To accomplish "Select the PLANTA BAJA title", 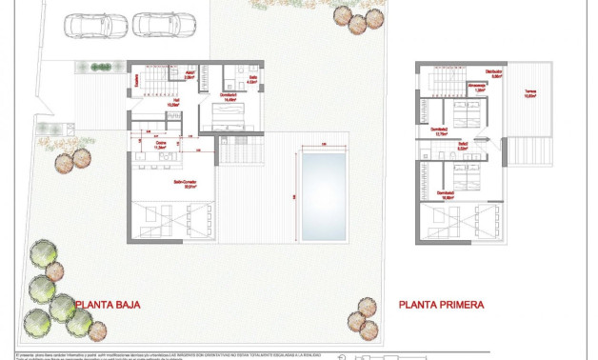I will [109, 305].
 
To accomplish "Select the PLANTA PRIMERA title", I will [441, 305].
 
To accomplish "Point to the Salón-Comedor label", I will [185, 184].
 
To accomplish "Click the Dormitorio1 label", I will [229, 96].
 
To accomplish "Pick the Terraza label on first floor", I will [528, 93].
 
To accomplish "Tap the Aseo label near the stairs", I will [189, 72].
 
